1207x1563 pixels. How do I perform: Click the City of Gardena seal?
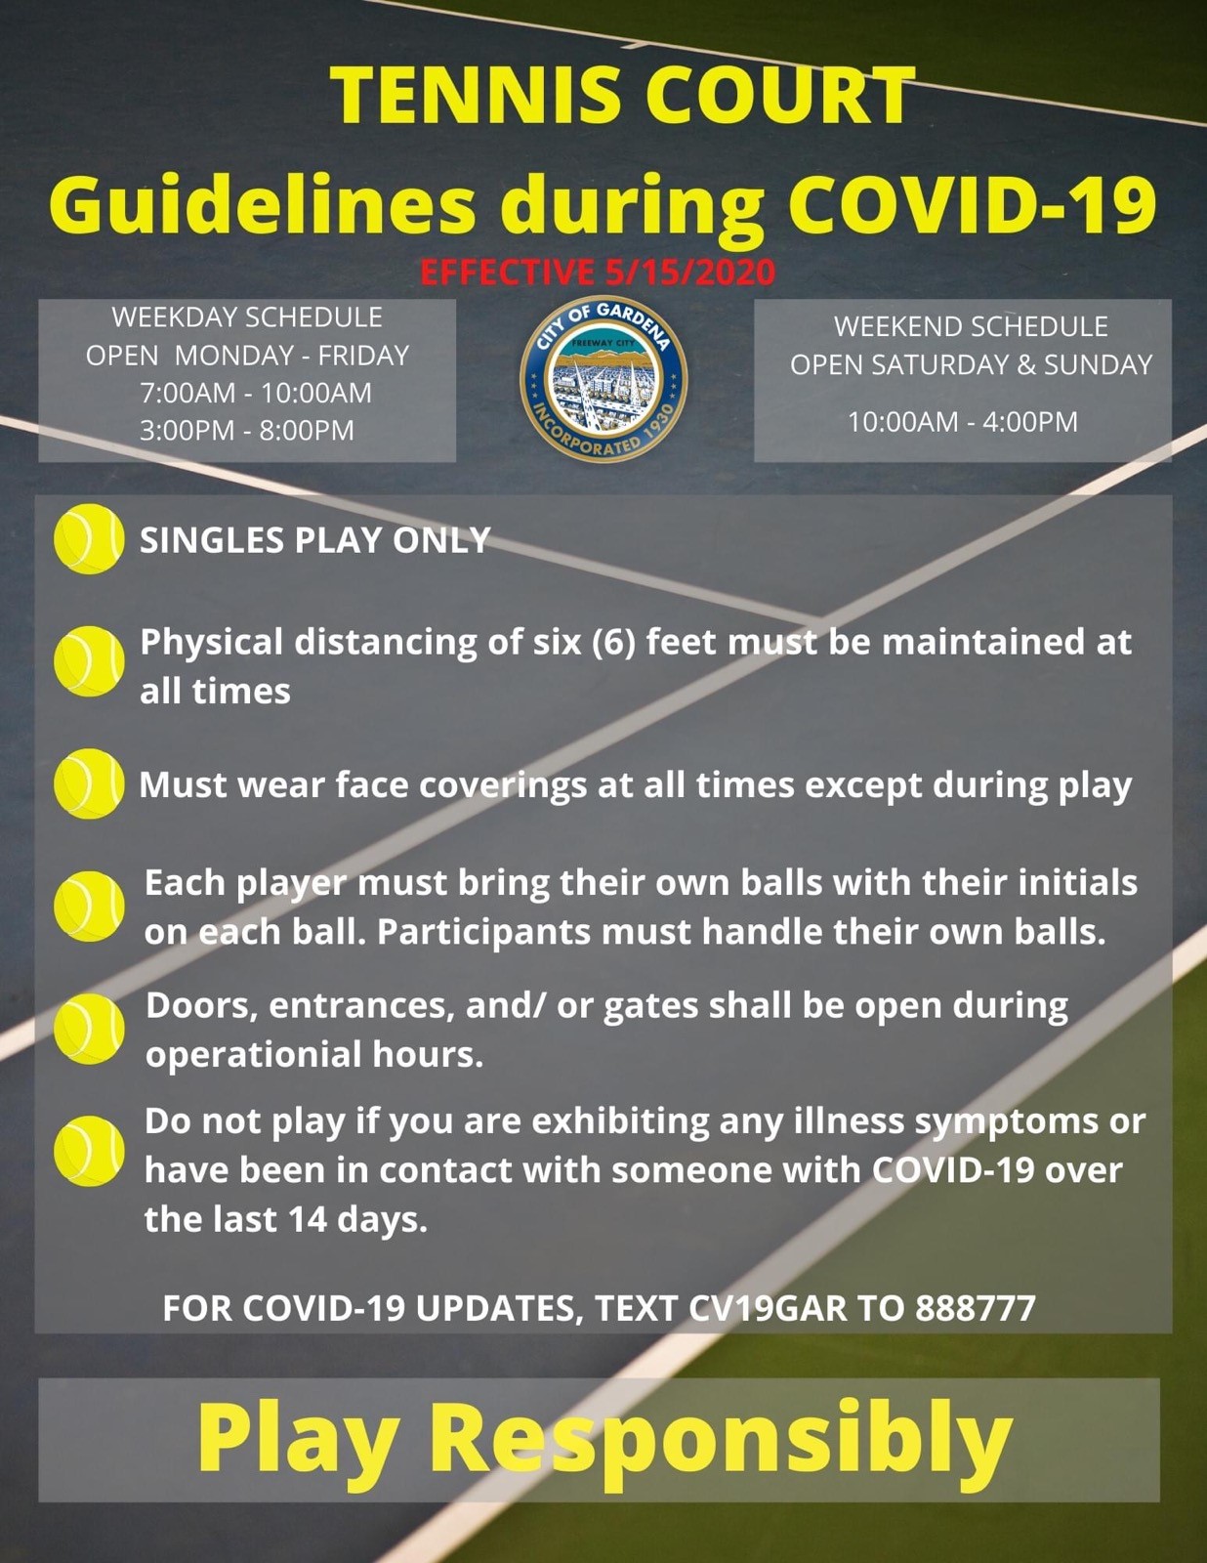point(603,378)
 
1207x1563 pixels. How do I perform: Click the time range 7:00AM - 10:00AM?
point(255,393)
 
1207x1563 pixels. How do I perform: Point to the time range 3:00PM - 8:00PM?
point(247,430)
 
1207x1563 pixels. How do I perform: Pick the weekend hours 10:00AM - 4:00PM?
point(963,421)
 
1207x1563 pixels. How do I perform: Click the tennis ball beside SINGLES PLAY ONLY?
point(89,538)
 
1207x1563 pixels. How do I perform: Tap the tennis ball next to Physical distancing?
point(89,661)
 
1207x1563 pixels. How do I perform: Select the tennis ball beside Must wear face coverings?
point(89,783)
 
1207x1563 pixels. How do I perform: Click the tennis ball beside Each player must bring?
point(89,907)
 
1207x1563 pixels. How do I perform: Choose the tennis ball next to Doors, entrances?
point(89,1029)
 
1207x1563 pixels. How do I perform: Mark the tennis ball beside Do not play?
point(89,1151)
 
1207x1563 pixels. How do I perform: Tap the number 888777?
point(975,1308)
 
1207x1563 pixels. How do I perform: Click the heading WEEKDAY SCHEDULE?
point(247,317)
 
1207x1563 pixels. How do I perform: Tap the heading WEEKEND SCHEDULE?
point(971,326)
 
